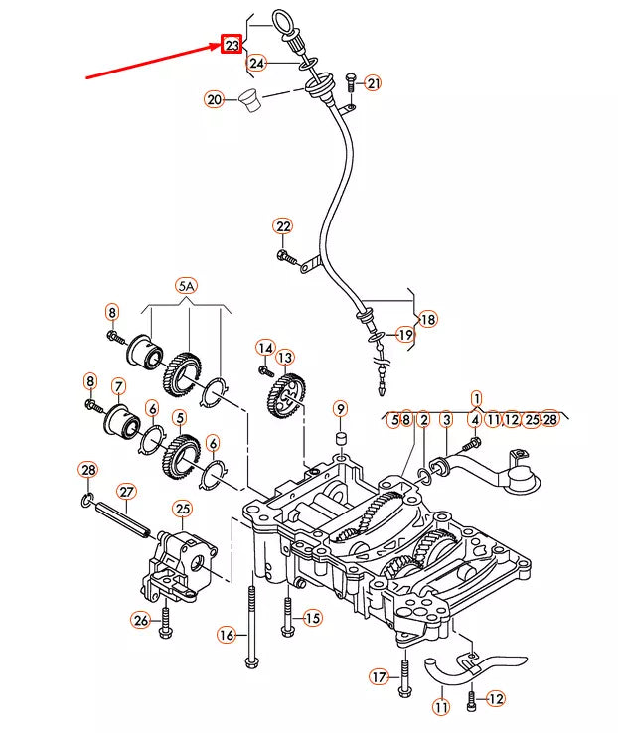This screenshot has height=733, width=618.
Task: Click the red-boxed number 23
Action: pos(232,44)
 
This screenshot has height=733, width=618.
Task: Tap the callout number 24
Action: pos(256,63)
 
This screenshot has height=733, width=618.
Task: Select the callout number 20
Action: pos(214,99)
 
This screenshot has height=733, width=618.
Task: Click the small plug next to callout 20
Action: pos(250,99)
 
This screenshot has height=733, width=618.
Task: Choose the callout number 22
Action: pos(283,226)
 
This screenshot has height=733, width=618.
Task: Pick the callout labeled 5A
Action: pos(186,286)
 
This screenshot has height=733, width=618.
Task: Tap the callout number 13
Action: pos(285,358)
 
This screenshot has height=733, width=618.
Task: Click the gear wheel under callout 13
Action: pos(286,396)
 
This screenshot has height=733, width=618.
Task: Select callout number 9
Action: pos(341,409)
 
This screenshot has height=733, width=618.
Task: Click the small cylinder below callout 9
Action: pos(341,439)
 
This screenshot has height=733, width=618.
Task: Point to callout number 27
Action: pos(127,492)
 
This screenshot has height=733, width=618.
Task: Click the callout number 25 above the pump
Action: pos(183,509)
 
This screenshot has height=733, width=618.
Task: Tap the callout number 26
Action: pos(141,621)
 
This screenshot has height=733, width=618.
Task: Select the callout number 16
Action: pos(227,635)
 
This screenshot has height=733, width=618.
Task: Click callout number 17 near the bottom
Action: pos(380,677)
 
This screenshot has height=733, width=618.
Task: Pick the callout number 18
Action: pos(428,319)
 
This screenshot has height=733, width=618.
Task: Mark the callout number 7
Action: pos(119,387)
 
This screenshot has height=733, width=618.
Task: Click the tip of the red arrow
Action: pos(221,45)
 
